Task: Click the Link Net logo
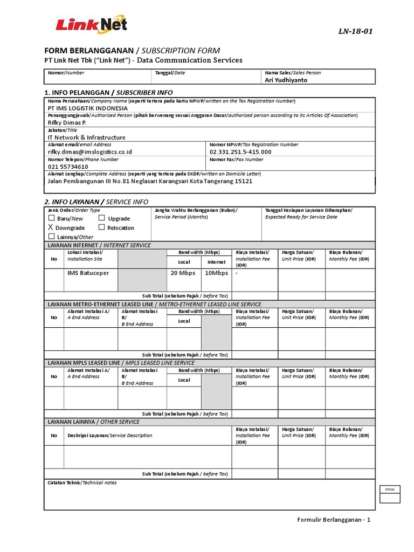pyautogui.click(x=92, y=26)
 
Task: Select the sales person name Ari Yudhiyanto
pyautogui.click(x=286, y=80)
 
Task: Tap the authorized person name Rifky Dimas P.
pyautogui.click(x=67, y=122)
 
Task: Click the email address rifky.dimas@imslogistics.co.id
pyautogui.click(x=89, y=152)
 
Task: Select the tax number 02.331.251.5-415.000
pyautogui.click(x=240, y=152)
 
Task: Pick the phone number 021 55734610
pyautogui.click(x=68, y=167)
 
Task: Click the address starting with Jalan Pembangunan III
pyautogui.click(x=150, y=181)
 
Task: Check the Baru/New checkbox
pyautogui.click(x=52, y=218)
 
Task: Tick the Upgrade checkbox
pyautogui.click(x=102, y=218)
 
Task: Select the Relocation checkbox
pyautogui.click(x=102, y=227)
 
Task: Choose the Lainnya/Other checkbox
pyautogui.click(x=52, y=237)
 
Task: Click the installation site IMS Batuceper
pyautogui.click(x=88, y=273)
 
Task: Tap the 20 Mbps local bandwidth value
pyautogui.click(x=183, y=273)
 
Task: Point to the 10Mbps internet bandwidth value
pyautogui.click(x=217, y=273)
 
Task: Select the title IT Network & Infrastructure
pyautogui.click(x=86, y=137)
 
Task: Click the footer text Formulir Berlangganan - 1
pyautogui.click(x=334, y=520)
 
